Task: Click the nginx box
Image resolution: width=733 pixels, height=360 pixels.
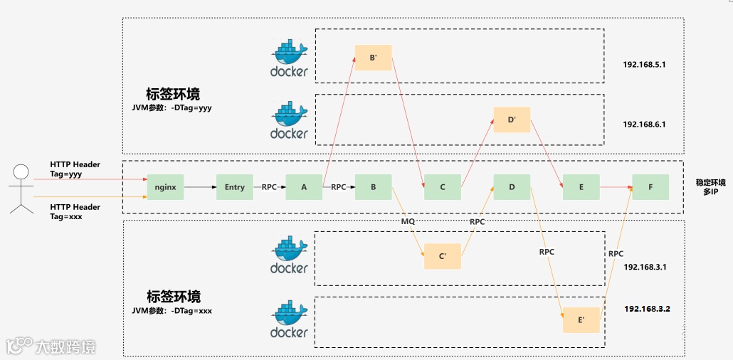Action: [x=166, y=187]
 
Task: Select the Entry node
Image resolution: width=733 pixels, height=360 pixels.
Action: [x=235, y=187]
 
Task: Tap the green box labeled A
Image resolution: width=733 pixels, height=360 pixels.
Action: [x=304, y=187]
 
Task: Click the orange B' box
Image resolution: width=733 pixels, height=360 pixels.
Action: [x=373, y=58]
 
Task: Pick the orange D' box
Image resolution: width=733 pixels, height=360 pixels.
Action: [x=512, y=120]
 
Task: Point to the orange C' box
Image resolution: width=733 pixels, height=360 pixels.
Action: [x=442, y=256]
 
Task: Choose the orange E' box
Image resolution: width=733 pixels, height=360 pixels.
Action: [x=581, y=319]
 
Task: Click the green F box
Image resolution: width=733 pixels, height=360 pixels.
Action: [x=650, y=187]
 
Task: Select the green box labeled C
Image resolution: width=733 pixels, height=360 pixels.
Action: [x=442, y=187]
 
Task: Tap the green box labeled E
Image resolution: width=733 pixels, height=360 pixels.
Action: [x=581, y=187]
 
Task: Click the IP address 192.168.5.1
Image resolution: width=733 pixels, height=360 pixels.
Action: [x=644, y=65]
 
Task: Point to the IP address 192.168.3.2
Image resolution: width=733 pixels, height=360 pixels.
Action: [x=648, y=309]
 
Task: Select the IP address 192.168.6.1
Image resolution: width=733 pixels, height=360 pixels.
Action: [x=644, y=125]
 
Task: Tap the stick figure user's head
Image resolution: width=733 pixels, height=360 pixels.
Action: [x=21, y=172]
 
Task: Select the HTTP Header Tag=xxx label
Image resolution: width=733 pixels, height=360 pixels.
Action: [x=75, y=212]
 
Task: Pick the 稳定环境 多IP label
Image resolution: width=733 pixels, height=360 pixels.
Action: [x=710, y=188]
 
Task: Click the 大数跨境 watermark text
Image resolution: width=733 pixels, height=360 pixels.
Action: [x=65, y=347]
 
